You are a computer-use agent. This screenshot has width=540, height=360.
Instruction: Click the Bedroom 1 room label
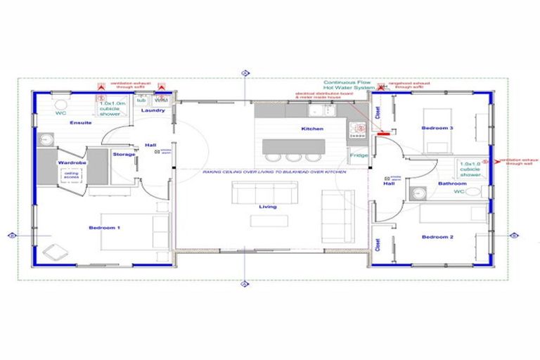point(104,228)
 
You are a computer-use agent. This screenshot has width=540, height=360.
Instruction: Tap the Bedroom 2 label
point(437,237)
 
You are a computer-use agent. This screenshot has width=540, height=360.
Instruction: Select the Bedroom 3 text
point(437,128)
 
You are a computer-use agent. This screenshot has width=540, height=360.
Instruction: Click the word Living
point(267,207)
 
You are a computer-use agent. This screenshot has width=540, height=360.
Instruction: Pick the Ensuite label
point(80,123)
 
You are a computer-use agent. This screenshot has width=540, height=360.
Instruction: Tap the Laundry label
point(153,110)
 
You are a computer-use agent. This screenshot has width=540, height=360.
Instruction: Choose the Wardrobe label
point(72,162)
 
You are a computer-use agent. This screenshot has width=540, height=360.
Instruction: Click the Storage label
point(123,153)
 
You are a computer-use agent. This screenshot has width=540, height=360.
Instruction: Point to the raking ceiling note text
point(274,172)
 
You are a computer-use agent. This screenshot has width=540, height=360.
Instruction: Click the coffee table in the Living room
point(269,221)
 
